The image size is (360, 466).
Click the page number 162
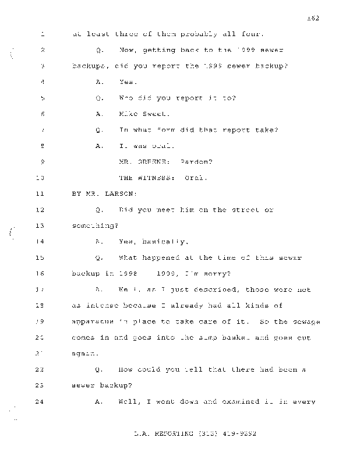pyautogui.click(x=313, y=18)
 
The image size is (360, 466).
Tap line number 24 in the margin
pyautogui.click(x=40, y=402)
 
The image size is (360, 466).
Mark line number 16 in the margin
pyautogui.click(x=40, y=273)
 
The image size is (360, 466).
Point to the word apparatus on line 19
pyautogui.click(x=93, y=322)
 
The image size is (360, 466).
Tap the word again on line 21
pyautogui.click(x=84, y=354)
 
